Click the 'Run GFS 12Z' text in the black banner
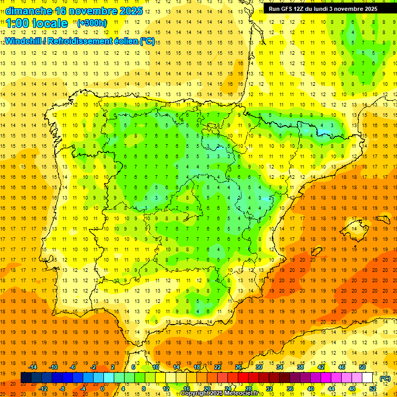pos(287,9)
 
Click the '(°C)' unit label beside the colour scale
pos(385,378)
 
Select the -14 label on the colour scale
pos(32,367)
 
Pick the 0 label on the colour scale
pos(102,389)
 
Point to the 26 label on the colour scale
pos(238,367)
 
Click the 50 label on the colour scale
pos(362,367)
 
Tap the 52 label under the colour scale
pos(373,389)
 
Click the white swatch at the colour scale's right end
pos(368,378)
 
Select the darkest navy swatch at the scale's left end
pos(26,378)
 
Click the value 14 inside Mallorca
pos(355,228)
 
